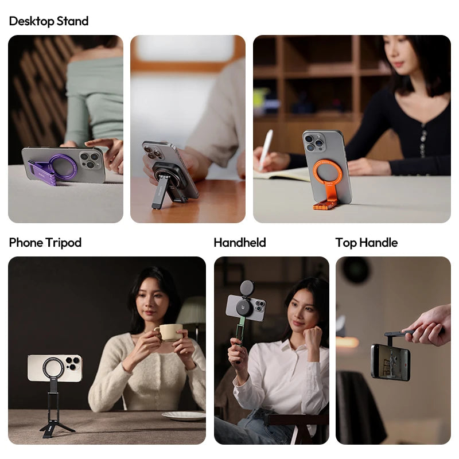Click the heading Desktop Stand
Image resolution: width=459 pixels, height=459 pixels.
[49, 21]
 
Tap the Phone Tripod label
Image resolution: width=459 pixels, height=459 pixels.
[45, 243]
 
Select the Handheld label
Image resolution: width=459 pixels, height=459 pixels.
[240, 243]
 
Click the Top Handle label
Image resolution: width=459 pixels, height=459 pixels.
[367, 243]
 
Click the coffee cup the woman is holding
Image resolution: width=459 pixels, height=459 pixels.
[170, 332]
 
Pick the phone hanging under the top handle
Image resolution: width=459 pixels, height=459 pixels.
[390, 361]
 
